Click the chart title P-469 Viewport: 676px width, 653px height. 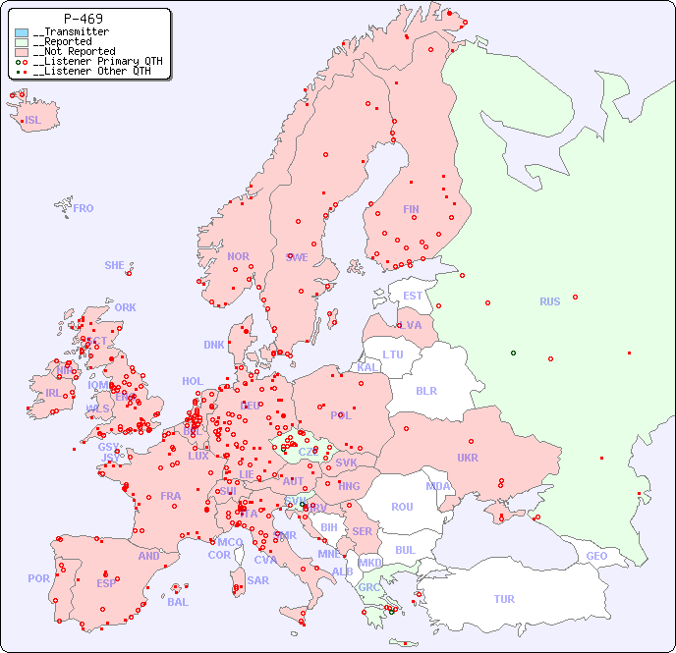[84, 19]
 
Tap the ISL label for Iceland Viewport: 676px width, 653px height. [33, 121]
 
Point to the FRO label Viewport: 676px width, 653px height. [84, 208]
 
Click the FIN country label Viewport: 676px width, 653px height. [411, 209]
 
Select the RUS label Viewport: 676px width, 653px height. [549, 301]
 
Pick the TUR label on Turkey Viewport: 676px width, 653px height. [504, 599]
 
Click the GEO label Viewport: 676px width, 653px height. [596, 556]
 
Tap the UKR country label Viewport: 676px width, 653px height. [468, 458]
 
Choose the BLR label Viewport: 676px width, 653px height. [426, 391]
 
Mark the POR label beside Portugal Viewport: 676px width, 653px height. [38, 578]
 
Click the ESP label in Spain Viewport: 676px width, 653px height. [106, 582]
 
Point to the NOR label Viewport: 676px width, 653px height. [238, 256]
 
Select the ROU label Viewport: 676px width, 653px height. [402, 507]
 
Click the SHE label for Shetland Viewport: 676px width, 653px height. [115, 265]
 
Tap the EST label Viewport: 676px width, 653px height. [413, 296]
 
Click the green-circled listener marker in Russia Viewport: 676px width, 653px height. [513, 353]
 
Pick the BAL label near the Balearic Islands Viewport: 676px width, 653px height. [178, 602]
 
